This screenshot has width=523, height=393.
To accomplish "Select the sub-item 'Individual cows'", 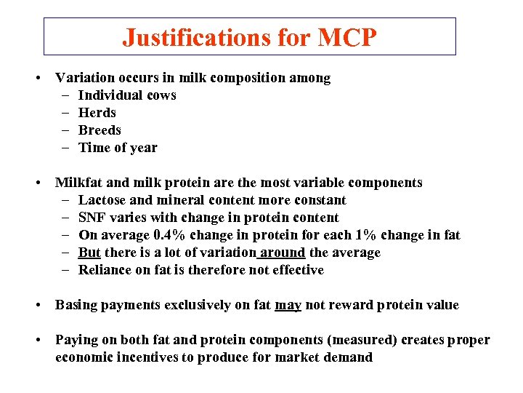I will coord(127,95).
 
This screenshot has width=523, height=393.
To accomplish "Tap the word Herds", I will coord(97,113).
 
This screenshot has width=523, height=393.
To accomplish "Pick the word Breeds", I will coord(100,130).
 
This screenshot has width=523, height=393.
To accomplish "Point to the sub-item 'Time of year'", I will coord(118,148).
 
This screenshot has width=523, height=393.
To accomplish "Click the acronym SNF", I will coord(92,218).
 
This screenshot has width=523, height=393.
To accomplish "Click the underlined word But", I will coord(89,253).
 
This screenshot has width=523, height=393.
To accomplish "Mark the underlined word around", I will coord(283,253).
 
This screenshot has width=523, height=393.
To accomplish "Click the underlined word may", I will coord(288,305).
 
